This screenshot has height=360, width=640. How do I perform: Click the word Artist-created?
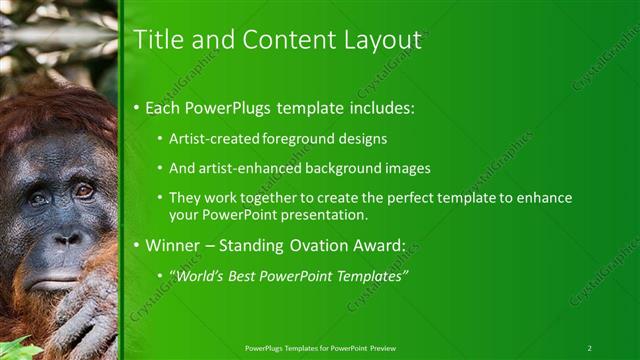tap(216, 138)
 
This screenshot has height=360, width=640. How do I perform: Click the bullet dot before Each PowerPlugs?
tap(137, 108)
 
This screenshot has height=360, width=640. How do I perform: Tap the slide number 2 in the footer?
tap(589, 348)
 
